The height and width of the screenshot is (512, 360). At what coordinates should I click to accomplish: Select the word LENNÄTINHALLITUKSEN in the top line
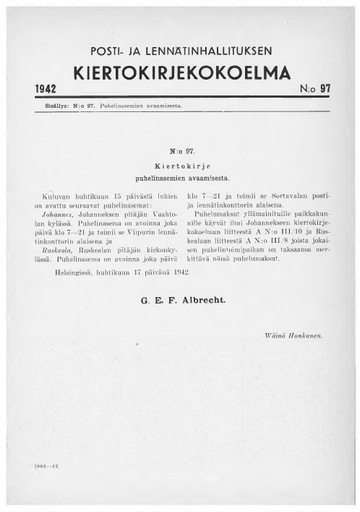click(x=212, y=49)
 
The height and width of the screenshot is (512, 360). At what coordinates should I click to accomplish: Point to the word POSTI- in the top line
click(x=103, y=49)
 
